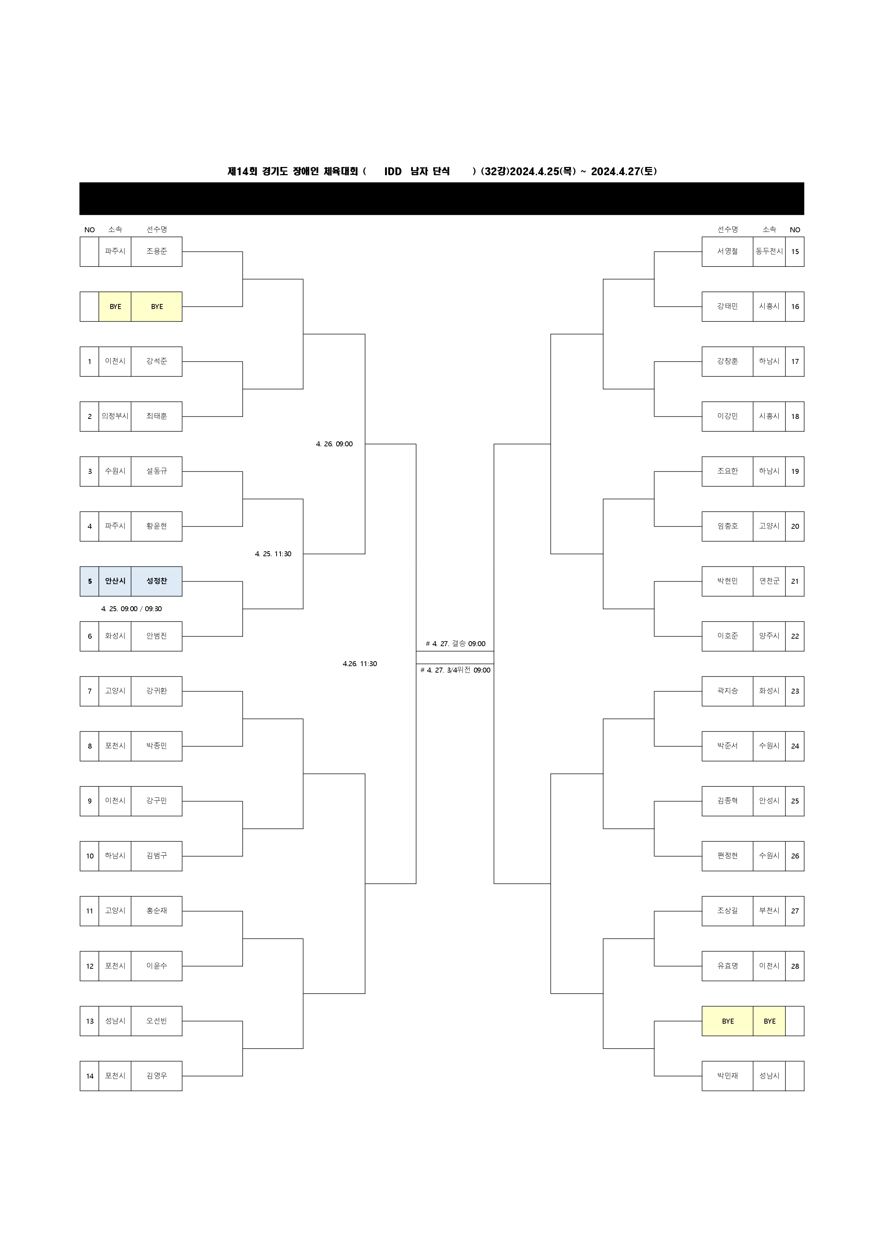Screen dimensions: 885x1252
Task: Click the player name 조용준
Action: point(157,252)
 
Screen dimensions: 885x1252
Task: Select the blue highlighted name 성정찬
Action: point(157,581)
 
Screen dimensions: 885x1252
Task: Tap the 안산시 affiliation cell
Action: point(115,581)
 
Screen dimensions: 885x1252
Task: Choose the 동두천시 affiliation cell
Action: point(769,252)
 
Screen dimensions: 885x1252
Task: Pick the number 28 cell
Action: point(795,966)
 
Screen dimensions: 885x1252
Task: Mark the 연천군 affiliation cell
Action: point(769,581)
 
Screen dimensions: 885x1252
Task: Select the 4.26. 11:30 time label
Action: point(360,664)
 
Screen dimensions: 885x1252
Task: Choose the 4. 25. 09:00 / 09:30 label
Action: point(131,609)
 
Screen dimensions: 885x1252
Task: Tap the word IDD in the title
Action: point(393,171)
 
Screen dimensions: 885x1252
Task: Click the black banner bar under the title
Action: point(442,198)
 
